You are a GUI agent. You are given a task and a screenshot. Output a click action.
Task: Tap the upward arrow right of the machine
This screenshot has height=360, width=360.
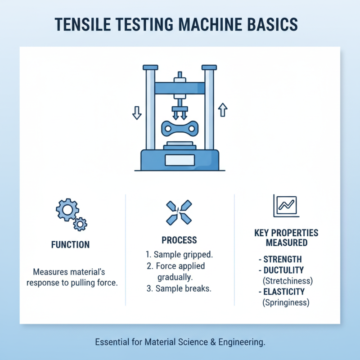(223, 109)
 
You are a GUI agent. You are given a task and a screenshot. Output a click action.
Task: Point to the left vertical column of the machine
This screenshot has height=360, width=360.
(149, 108)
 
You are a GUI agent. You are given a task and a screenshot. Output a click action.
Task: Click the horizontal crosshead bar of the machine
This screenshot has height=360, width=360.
(180, 88)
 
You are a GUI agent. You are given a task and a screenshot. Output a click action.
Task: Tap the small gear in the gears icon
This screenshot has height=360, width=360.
(81, 223)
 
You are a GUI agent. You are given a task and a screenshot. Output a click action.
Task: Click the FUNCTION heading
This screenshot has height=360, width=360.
(70, 245)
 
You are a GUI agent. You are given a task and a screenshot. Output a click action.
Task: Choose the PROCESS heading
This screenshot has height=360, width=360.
(179, 240)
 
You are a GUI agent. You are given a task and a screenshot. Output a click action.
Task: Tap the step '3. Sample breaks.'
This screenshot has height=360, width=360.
(179, 289)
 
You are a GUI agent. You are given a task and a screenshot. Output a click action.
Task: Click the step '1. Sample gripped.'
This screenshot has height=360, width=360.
(180, 255)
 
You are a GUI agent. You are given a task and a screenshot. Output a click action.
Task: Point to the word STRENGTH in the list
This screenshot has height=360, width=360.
(283, 260)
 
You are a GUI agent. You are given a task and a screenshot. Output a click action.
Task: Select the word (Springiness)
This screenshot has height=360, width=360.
(285, 303)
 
